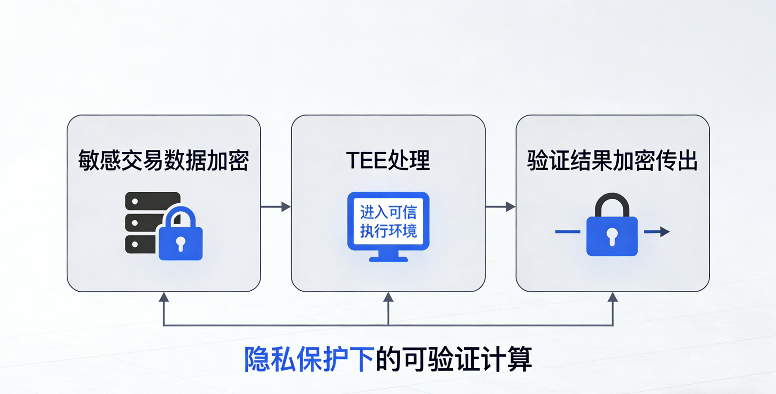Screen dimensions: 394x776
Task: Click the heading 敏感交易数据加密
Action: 163,160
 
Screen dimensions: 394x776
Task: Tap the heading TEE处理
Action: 388,160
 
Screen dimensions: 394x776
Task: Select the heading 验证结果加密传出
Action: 613,160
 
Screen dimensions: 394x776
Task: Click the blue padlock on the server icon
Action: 180,240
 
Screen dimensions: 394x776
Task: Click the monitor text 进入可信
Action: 388,212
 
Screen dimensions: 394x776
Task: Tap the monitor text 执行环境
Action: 388,231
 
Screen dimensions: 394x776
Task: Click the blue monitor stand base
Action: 388,259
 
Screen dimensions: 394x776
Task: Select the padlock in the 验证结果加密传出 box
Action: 612,233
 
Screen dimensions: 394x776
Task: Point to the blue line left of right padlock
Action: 568,232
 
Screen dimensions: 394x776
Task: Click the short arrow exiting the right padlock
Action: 657,232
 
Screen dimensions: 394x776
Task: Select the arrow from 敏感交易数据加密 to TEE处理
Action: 276,207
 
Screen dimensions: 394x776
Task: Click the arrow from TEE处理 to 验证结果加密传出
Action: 500,207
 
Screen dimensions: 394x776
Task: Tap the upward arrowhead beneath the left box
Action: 164,297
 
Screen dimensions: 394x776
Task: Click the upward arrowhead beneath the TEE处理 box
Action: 388,297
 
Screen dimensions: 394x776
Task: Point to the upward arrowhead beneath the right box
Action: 613,297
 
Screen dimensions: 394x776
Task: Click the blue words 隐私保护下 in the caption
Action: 309,359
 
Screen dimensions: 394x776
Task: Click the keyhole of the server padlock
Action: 180,243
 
